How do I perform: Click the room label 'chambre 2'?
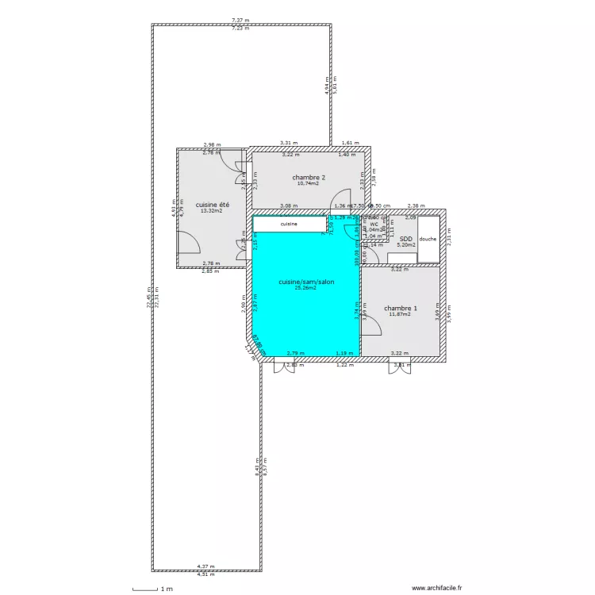click(309, 177)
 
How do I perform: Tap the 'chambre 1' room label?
click(401, 308)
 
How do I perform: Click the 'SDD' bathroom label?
click(405, 238)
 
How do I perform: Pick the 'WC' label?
click(374, 224)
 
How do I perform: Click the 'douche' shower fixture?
click(428, 239)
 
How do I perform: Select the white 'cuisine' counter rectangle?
click(290, 225)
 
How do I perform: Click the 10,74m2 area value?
click(308, 183)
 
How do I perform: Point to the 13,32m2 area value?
click(211, 211)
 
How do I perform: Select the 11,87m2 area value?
click(401, 314)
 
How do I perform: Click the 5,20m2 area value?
click(406, 245)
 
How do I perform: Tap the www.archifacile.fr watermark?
click(436, 589)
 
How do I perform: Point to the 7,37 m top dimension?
click(240, 20)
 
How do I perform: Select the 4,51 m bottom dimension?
click(206, 573)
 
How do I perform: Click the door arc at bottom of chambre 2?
click(340, 199)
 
